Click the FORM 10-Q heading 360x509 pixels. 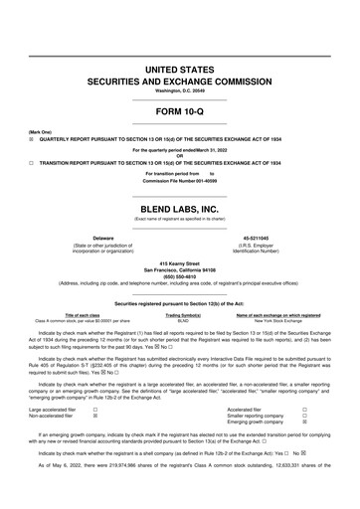click(x=180, y=111)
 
